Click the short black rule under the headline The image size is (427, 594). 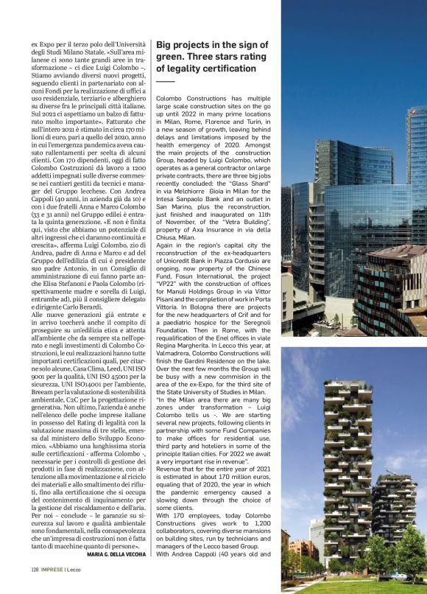click(x=165, y=80)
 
